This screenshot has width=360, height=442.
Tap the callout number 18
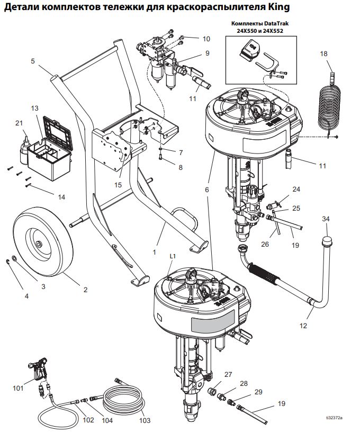tap(323, 53)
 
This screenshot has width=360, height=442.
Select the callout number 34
tap(326, 219)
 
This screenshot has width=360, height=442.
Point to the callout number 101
tap(19, 389)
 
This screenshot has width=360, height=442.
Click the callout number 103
tap(145, 421)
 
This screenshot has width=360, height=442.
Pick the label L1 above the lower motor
tap(173, 257)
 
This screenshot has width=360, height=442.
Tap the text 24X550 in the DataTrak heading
tap(245, 31)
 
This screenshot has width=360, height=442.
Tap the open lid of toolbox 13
tap(58, 133)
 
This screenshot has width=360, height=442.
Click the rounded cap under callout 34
tap(327, 242)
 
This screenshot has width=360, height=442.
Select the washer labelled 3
tap(14, 258)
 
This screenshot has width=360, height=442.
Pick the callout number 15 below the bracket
tap(118, 185)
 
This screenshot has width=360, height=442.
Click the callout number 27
tap(228, 375)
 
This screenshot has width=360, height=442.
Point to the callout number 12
tap(303, 326)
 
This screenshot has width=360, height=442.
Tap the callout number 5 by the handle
tap(33, 61)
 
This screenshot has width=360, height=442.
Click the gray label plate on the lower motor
tap(213, 322)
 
